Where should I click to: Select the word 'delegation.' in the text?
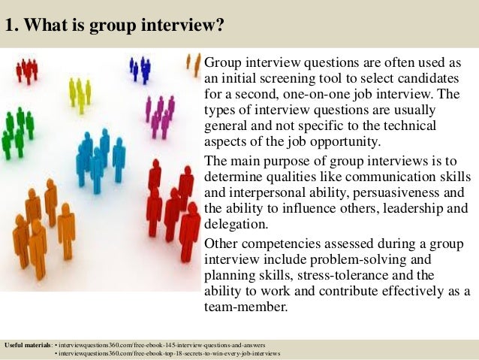237,225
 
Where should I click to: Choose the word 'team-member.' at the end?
249,308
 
